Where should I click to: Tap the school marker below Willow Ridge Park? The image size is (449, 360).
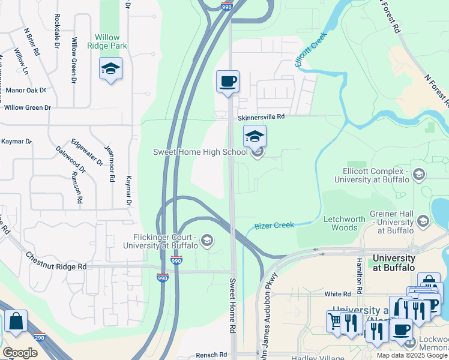110,70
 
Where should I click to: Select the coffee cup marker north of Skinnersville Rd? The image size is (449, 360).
228,82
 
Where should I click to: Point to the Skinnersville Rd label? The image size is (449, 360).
261,118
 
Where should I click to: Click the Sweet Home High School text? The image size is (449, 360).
200,152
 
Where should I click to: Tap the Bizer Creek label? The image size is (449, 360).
274,226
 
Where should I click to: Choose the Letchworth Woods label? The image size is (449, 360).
345,223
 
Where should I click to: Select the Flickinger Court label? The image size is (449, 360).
160,241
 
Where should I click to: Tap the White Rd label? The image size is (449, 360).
337,294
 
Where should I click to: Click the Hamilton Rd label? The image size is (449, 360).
359,272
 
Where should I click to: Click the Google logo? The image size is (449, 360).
20,353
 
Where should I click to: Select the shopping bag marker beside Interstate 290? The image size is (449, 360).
16,322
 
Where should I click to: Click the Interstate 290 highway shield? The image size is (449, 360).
40,337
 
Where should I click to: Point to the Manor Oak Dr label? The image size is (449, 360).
25,91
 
